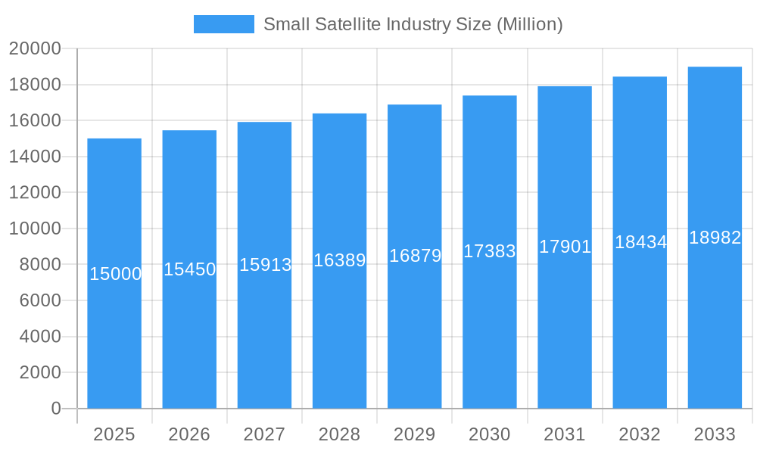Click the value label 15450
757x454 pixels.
(190, 269)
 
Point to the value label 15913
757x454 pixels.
(265, 265)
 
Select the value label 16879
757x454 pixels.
(415, 256)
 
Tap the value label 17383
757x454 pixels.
(490, 251)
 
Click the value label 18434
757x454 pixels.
(640, 242)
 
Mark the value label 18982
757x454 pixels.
(715, 238)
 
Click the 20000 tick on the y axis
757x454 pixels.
(35, 48)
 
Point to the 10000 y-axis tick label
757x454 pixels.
(35, 229)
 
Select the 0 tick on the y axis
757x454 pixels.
(56, 409)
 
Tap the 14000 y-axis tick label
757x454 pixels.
(35, 157)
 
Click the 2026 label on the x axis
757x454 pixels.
(189, 434)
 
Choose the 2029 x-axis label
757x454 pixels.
(414, 434)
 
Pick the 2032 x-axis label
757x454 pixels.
(640, 434)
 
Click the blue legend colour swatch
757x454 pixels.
(224, 24)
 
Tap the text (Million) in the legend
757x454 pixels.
(529, 24)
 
